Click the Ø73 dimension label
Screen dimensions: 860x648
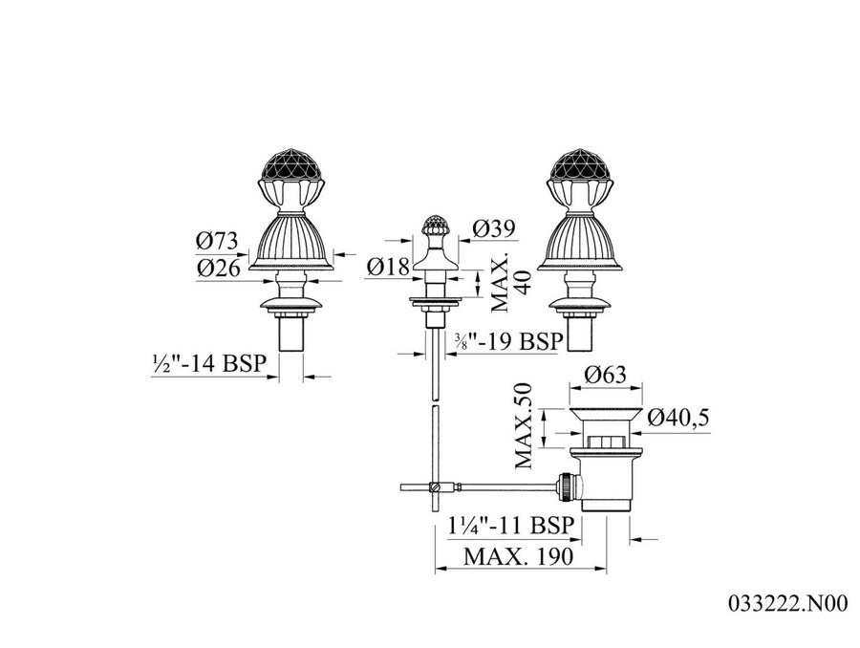pyautogui.click(x=217, y=240)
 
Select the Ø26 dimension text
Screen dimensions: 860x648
pyautogui.click(x=218, y=269)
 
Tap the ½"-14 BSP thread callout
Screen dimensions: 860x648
pyautogui.click(x=209, y=363)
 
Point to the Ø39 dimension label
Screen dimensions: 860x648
pyautogui.click(x=494, y=228)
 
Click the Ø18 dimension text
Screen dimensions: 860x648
pyautogui.click(x=388, y=268)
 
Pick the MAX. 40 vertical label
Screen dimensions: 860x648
pyautogui.click(x=510, y=282)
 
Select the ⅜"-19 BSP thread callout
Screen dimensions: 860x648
pyautogui.click(x=508, y=341)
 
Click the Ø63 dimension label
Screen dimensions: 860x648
pyautogui.click(x=605, y=375)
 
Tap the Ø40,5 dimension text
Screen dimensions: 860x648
pyautogui.click(x=678, y=418)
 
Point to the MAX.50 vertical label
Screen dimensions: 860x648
pyautogui.click(x=524, y=425)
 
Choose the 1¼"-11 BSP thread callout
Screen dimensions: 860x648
pyautogui.click(x=510, y=526)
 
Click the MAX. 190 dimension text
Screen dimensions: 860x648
pyautogui.click(x=518, y=556)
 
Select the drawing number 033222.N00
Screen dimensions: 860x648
pyautogui.click(x=788, y=603)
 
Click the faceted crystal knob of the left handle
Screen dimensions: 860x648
pyautogui.click(x=290, y=169)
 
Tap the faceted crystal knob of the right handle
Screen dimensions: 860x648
pyautogui.click(x=580, y=169)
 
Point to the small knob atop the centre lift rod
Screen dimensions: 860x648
pyautogui.click(x=435, y=227)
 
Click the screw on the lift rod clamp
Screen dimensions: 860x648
pyautogui.click(x=436, y=486)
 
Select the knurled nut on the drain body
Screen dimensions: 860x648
pyautogui.click(x=565, y=486)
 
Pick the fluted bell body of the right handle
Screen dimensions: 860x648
pyautogui.click(x=580, y=242)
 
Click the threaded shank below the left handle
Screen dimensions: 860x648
pyautogui.click(x=290, y=335)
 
